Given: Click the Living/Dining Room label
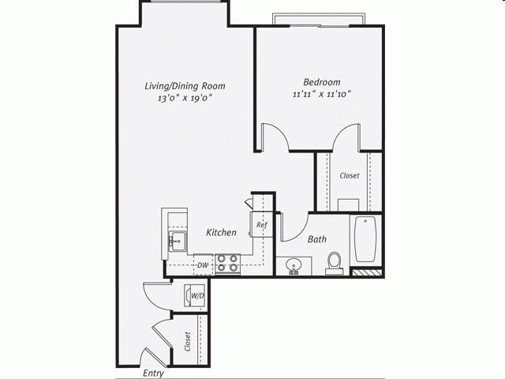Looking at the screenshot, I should click(x=185, y=85).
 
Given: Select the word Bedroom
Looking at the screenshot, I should click(x=322, y=82).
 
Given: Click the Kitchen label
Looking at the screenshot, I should click(x=222, y=233).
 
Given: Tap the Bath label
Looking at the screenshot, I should click(x=317, y=238).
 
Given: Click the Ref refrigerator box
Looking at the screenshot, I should click(x=262, y=226).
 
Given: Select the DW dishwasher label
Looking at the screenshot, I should click(x=203, y=265).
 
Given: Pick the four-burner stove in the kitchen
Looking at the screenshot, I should click(x=228, y=263).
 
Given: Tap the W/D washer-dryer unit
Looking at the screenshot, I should click(x=195, y=296).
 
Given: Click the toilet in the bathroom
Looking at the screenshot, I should click(x=335, y=262).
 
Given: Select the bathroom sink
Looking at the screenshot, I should click(x=294, y=265).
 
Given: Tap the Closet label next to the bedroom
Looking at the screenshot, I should click(x=349, y=175).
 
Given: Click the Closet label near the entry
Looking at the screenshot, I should click(x=187, y=341).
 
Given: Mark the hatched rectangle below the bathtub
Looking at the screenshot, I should click(x=365, y=273).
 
